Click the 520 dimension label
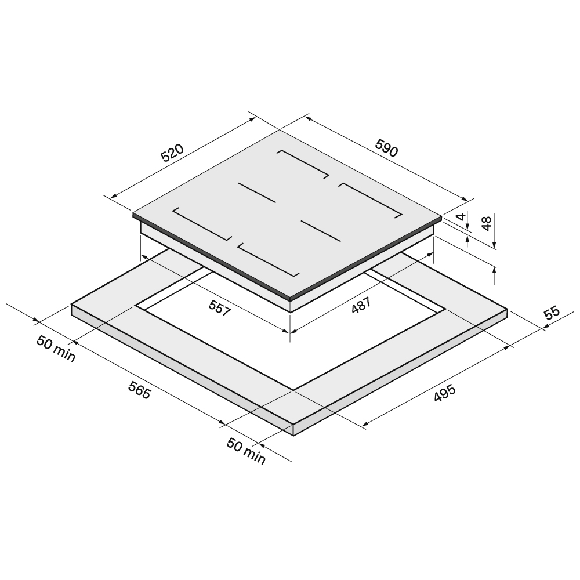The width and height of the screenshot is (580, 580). pos(172,153)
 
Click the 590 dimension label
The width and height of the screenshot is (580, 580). pos(386,147)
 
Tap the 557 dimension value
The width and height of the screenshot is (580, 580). pos(220,308)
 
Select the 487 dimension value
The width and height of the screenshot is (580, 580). pos(361,306)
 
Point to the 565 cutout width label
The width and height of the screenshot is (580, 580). pos(139,390)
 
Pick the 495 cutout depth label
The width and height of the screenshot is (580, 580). pos(445,393)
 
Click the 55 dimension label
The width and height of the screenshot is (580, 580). pos(552,313)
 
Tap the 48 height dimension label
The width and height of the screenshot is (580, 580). pos(486,223)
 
